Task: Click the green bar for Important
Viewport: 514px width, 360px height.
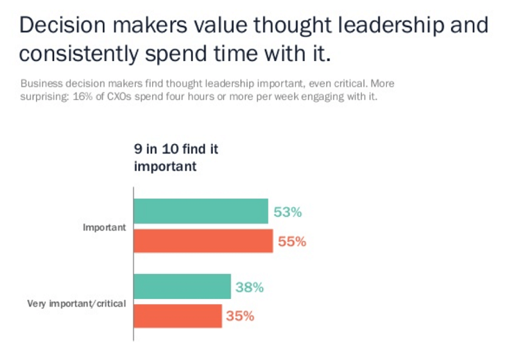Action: tap(200, 212)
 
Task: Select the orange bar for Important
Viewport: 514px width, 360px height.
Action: tap(203, 240)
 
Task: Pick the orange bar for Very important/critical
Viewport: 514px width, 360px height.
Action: tap(178, 316)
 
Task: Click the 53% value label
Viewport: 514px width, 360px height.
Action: tap(288, 212)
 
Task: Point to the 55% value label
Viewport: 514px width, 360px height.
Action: tap(292, 241)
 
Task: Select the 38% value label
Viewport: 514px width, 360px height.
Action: tap(250, 287)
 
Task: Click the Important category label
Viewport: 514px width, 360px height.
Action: tap(104, 228)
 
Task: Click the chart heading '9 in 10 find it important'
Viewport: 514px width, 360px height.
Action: tap(176, 157)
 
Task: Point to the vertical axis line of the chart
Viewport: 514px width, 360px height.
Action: tap(133, 264)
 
